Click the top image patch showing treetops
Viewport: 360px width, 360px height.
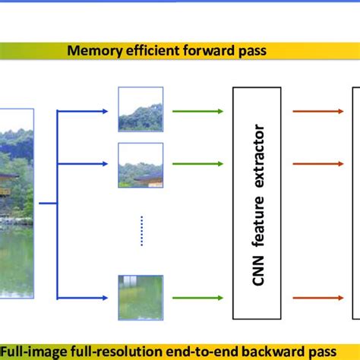(140, 109)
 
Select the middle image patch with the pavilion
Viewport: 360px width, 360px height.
(140, 165)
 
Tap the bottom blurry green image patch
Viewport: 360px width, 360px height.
(140, 297)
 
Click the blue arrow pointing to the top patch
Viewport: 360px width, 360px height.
(84, 112)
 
